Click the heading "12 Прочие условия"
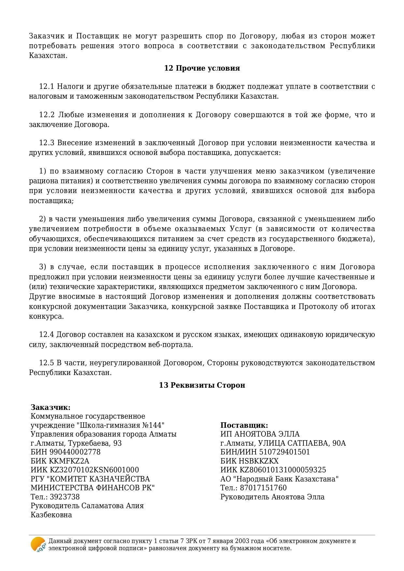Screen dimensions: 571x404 pos(202,68)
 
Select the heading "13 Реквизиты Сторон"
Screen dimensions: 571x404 pos(202,385)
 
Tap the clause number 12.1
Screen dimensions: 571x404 pos(46,87)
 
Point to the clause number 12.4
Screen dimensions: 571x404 pos(46,335)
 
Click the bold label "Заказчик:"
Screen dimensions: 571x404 pos(50,408)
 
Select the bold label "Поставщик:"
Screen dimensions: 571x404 pos(244,425)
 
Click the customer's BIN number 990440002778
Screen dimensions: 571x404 pos(75,452)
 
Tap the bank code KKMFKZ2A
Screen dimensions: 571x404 pos(69,461)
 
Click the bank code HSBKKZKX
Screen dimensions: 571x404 pos(259,461)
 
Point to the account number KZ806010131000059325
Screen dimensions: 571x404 pos(283,470)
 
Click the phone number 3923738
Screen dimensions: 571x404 pos(64,497)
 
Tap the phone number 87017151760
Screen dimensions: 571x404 pos(263,488)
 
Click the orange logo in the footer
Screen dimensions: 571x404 pos(38,544)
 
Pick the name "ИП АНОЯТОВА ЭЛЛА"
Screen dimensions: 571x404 pos(260,434)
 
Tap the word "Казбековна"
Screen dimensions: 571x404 pos(51,515)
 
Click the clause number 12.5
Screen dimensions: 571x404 pos(46,363)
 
